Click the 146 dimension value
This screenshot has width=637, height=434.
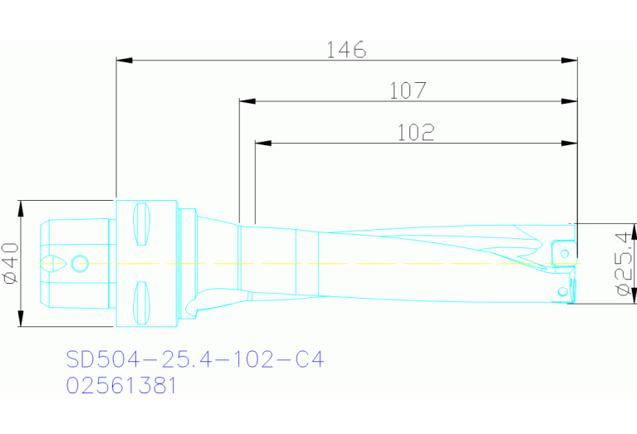(x=345, y=50)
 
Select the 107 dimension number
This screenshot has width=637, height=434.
(x=408, y=90)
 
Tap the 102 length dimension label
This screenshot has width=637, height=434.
(x=416, y=132)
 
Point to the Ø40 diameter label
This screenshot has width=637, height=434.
(x=10, y=264)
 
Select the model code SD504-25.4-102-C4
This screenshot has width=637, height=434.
(x=194, y=359)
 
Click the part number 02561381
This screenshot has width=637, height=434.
(x=121, y=386)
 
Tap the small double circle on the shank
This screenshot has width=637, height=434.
(x=80, y=264)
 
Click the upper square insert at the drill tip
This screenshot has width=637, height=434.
(x=562, y=250)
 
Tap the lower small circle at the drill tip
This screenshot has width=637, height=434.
(x=562, y=290)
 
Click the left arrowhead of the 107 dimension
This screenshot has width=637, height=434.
(x=246, y=101)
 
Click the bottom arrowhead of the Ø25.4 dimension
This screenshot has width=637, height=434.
(x=615, y=299)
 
